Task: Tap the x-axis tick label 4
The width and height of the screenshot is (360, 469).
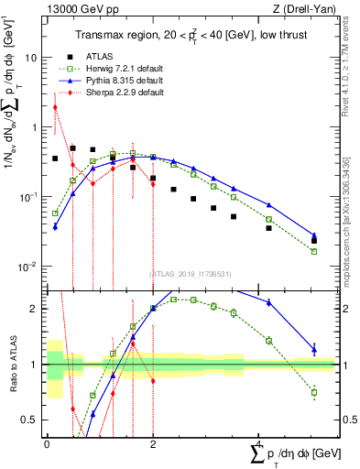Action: click(258, 443)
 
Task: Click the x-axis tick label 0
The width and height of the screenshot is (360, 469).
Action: click(48, 443)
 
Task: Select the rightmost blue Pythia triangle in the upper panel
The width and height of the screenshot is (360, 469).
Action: click(314, 235)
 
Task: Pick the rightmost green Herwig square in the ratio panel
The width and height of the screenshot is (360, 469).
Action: click(314, 392)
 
